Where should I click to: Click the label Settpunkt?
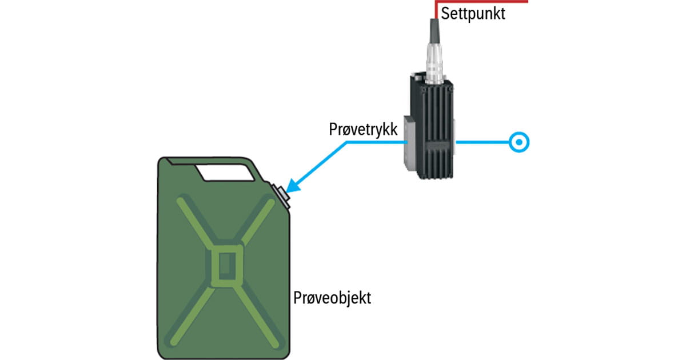473,13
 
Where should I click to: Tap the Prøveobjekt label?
332,298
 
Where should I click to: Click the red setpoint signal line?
486,2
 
